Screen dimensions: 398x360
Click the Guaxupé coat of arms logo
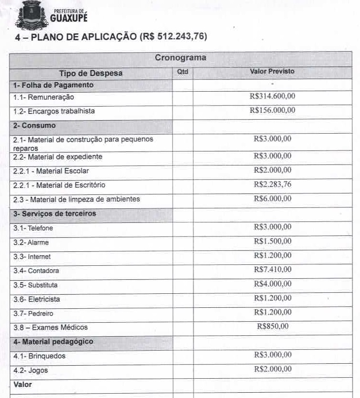pos(32,16)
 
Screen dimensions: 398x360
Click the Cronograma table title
pos(180,58)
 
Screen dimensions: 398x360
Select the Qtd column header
pos(183,72)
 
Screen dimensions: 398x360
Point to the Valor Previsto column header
pos(272,71)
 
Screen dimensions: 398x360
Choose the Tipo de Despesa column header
pos(91,73)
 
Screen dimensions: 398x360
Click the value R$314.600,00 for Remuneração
pos(272,96)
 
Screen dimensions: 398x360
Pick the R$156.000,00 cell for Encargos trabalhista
pos(272,110)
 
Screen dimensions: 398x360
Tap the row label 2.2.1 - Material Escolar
pos(51,171)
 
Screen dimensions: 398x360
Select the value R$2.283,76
pos(272,184)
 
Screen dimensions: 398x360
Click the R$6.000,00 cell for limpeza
pos(272,198)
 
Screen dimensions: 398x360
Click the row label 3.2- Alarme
pos(31,242)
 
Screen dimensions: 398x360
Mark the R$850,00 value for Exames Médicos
pos(273,326)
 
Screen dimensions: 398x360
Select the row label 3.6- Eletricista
pos(37,299)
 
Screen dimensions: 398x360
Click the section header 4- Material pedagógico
pos(53,342)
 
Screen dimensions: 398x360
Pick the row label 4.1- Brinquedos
pos(39,356)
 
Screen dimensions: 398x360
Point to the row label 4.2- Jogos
pos(30,371)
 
